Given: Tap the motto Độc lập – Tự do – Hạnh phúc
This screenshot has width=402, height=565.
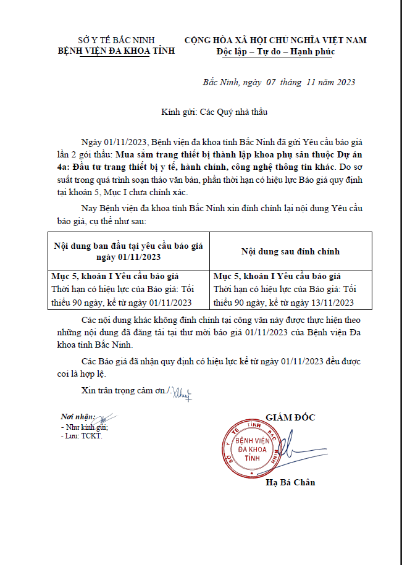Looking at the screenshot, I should (x=275, y=51).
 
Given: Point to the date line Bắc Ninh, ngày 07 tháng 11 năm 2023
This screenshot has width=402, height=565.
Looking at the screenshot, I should (x=279, y=82).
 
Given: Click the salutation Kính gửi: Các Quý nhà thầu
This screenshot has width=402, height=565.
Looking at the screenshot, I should (x=214, y=112).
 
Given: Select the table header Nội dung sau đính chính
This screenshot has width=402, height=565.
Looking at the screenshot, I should (x=290, y=251).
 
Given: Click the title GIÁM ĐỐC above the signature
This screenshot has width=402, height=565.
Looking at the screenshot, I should (x=290, y=417).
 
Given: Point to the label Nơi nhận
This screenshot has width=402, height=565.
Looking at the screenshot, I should (x=78, y=417).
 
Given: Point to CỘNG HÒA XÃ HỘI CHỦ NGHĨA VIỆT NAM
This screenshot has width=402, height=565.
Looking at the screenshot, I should (x=275, y=40).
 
